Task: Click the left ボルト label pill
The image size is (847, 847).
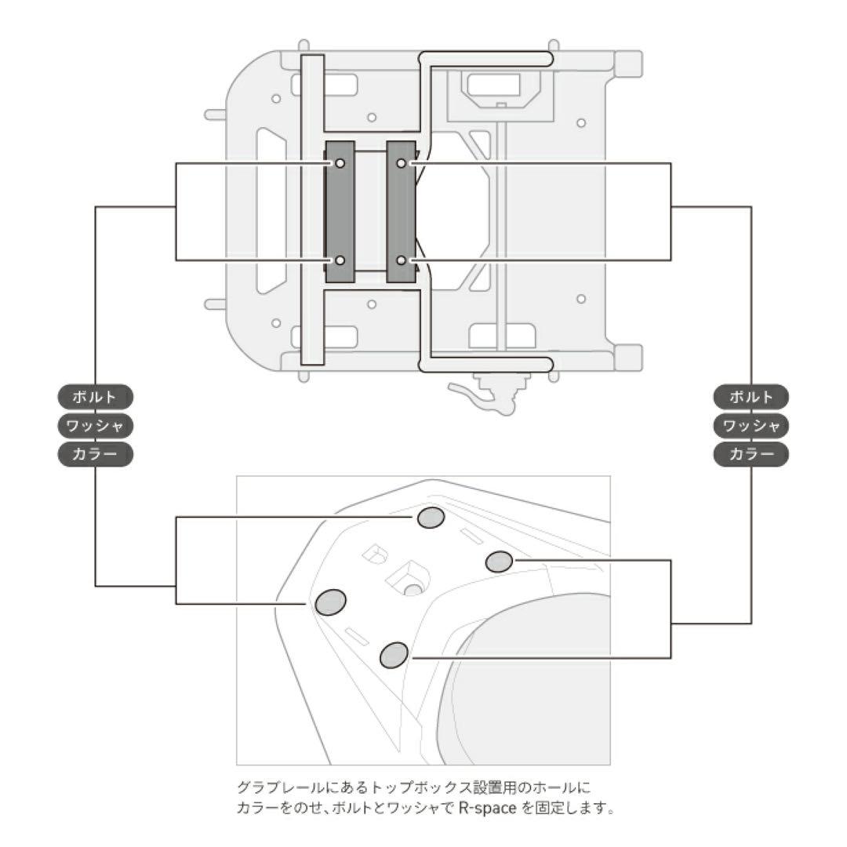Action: [95, 397]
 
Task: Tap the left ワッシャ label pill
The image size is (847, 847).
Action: [95, 426]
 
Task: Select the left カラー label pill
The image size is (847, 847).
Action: [95, 454]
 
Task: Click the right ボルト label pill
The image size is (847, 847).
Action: [751, 397]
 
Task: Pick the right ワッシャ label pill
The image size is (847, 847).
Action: [751, 426]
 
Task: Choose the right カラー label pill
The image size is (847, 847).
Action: [751, 454]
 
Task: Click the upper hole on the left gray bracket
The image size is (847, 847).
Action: [340, 163]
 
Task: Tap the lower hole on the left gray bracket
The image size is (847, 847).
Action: [340, 260]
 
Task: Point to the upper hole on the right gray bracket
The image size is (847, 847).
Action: [401, 163]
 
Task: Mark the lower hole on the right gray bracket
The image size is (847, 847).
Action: [401, 260]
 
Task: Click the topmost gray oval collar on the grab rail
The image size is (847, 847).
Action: [431, 517]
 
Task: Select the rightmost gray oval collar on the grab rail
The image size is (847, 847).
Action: [499, 562]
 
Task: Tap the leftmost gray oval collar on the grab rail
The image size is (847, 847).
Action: [330, 602]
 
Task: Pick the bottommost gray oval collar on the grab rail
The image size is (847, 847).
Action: [394, 655]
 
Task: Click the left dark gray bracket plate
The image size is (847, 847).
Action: [340, 212]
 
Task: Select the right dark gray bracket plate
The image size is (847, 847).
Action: [401, 212]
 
